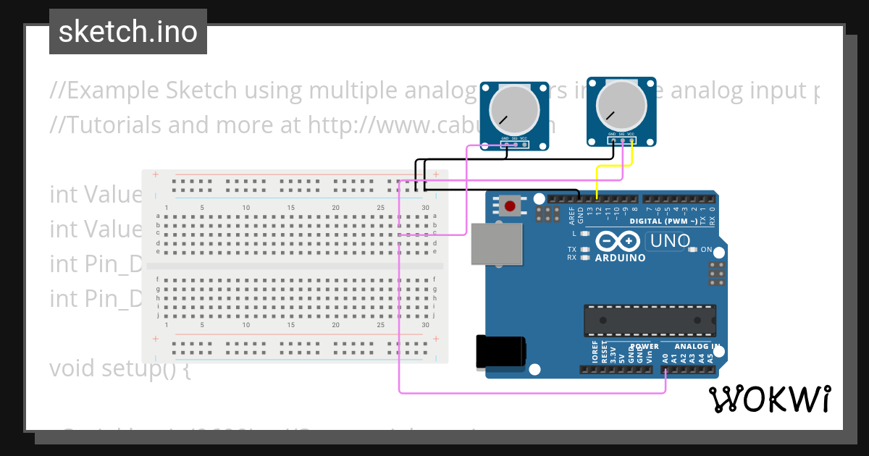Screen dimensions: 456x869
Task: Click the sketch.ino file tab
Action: (128, 32)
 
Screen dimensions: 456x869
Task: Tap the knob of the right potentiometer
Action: (621, 106)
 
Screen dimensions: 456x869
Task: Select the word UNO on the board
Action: (668, 241)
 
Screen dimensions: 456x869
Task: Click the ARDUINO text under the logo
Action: (620, 258)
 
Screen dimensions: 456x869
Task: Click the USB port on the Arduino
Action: (496, 243)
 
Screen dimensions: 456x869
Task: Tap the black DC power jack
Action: (500, 352)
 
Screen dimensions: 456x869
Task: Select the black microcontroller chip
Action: (650, 321)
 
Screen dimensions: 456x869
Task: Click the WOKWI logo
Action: (769, 399)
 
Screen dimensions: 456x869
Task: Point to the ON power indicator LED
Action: (693, 250)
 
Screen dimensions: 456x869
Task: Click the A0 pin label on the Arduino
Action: (666, 357)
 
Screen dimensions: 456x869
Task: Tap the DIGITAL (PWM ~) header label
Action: (663, 221)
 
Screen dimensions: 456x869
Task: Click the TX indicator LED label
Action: (572, 249)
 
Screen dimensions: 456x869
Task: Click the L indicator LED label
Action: (574, 233)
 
